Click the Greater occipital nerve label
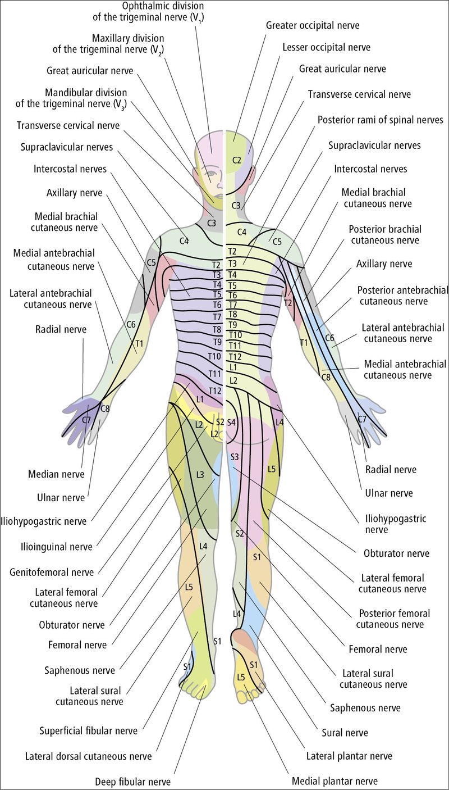(313, 26)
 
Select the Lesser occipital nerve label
(327, 48)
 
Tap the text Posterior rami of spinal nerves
(381, 120)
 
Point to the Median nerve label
(56, 474)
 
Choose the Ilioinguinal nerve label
(57, 547)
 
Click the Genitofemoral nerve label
(52, 572)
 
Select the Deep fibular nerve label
(133, 782)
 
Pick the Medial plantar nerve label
(335, 781)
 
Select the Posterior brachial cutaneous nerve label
(385, 235)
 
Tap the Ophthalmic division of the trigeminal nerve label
(148, 12)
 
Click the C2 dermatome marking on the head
(237, 161)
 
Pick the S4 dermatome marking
(231, 422)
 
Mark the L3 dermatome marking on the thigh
(200, 475)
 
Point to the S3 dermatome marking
(235, 457)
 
